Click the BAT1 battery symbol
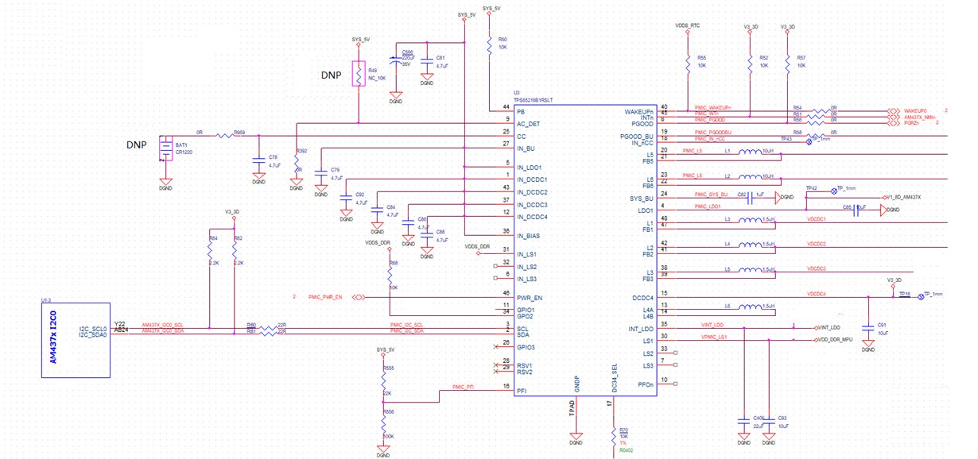pyautogui.click(x=165, y=149)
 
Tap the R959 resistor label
pyautogui.click(x=239, y=132)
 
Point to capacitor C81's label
pyautogui.click(x=440, y=58)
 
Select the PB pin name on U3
pyautogui.click(x=521, y=112)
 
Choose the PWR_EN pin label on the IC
pyautogui.click(x=527, y=296)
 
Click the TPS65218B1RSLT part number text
pyautogui.click(x=533, y=99)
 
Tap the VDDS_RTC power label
pyautogui.click(x=687, y=26)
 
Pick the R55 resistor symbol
pyautogui.click(x=687, y=62)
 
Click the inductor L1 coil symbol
pyautogui.click(x=751, y=153)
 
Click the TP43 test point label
pyautogui.click(x=787, y=138)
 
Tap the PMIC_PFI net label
pyautogui.click(x=464, y=387)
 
